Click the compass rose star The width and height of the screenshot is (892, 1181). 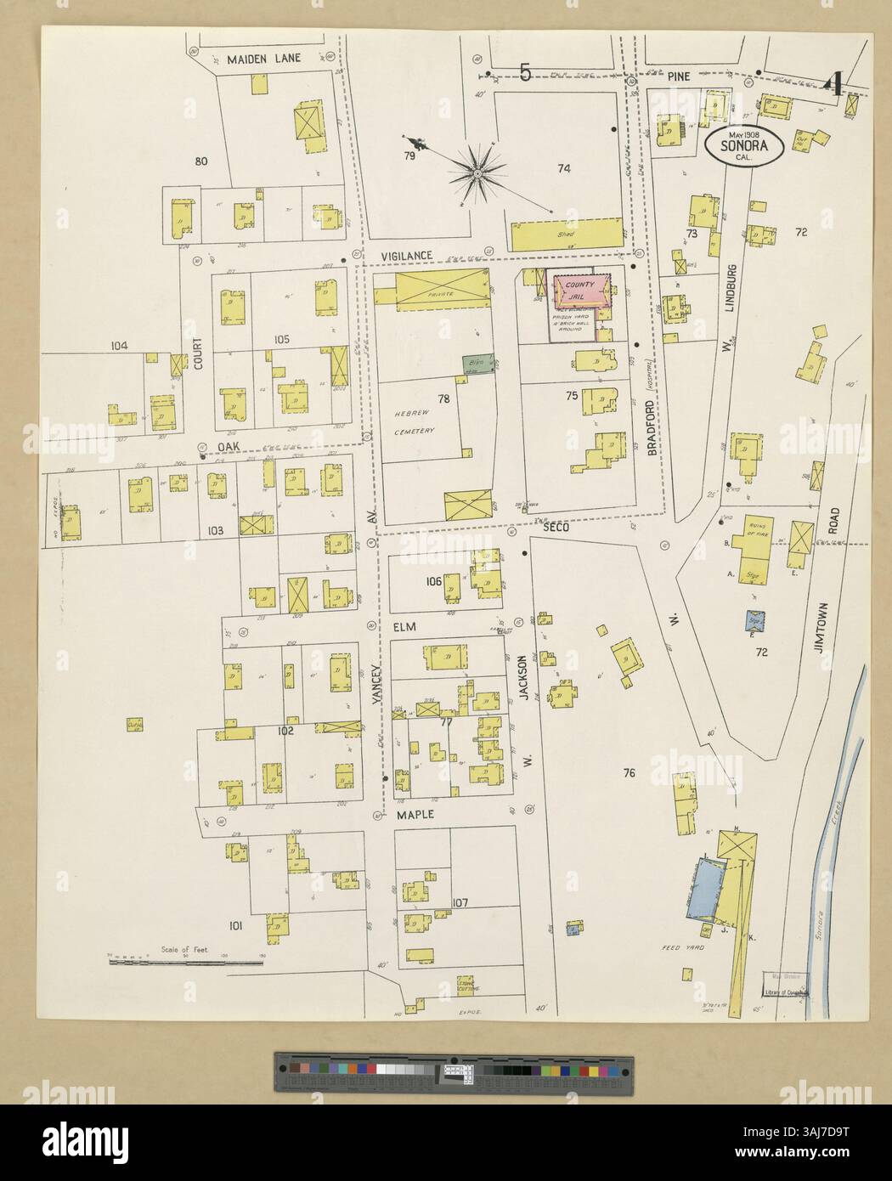click(478, 173)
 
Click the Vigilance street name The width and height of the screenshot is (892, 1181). click(407, 256)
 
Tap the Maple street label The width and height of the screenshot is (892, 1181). click(415, 814)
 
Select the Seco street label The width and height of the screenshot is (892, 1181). click(556, 527)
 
